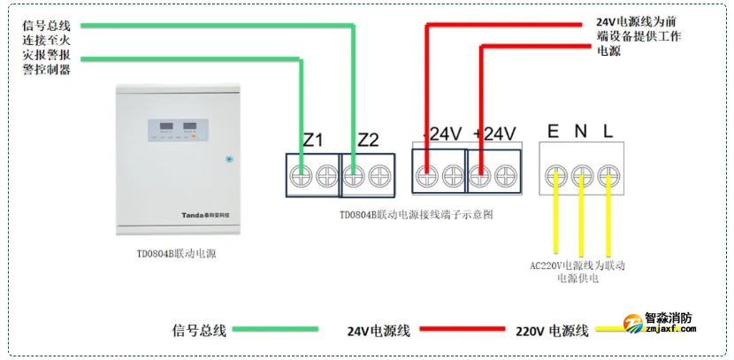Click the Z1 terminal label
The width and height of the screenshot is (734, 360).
tap(313, 140)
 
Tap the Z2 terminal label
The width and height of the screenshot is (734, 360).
tap(368, 140)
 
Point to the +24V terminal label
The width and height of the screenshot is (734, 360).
tap(494, 134)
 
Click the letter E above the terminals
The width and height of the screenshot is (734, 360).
tap(553, 132)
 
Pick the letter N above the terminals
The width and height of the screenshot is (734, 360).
tap(580, 132)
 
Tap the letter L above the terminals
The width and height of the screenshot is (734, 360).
tap(608, 132)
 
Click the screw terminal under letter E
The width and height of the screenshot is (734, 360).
tap(554, 173)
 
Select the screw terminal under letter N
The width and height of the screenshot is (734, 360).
tap(581, 173)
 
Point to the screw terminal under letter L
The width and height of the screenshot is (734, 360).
tap(608, 173)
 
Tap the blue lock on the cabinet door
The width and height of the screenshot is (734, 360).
tap(228, 160)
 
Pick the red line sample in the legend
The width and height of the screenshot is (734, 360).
tap(461, 330)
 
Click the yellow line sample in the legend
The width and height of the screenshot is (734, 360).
tap(610, 330)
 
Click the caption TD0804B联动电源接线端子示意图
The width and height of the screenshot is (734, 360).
tap(416, 215)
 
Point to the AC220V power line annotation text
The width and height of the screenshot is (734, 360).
tap(577, 272)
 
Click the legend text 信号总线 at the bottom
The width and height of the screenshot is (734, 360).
tap(200, 331)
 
